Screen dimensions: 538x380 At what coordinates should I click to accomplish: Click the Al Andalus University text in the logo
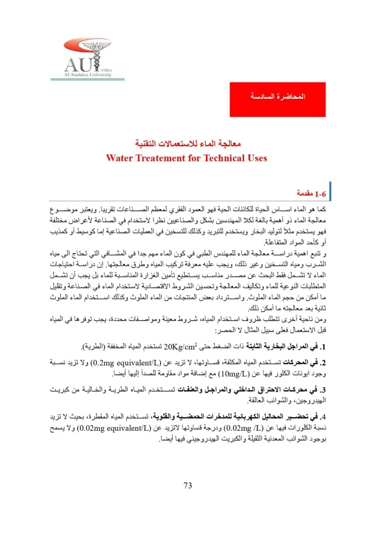coord(88,75)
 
